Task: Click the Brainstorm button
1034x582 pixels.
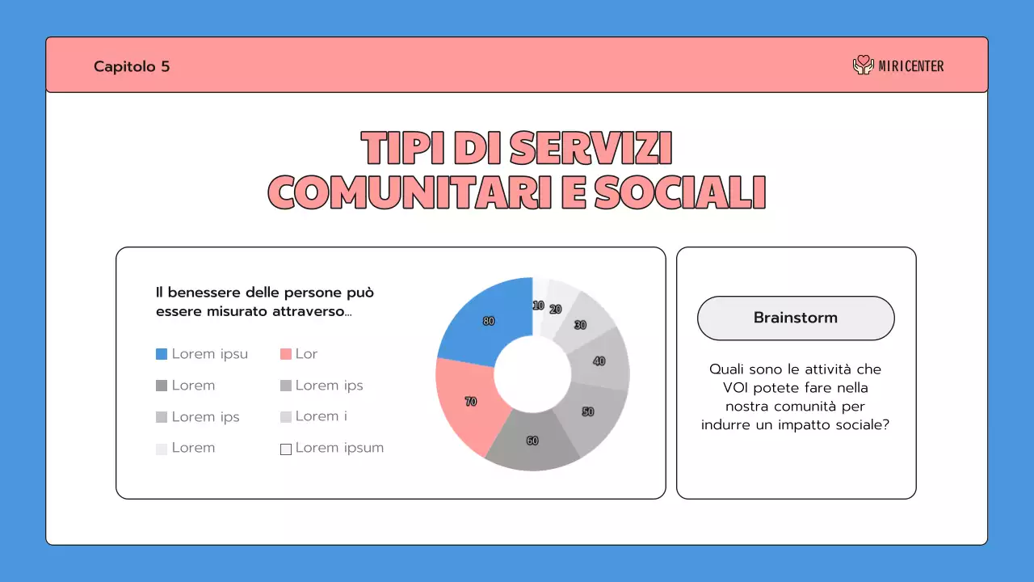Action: (796, 318)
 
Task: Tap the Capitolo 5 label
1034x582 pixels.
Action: (132, 66)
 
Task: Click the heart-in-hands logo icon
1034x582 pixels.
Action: (864, 65)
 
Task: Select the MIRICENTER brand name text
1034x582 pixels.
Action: (911, 66)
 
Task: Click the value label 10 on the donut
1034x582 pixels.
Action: (538, 305)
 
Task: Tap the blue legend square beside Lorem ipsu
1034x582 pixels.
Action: (162, 354)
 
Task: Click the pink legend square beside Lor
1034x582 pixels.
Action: (285, 354)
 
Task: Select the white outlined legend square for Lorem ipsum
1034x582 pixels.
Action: (285, 449)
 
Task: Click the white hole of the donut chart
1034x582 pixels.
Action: (532, 374)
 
